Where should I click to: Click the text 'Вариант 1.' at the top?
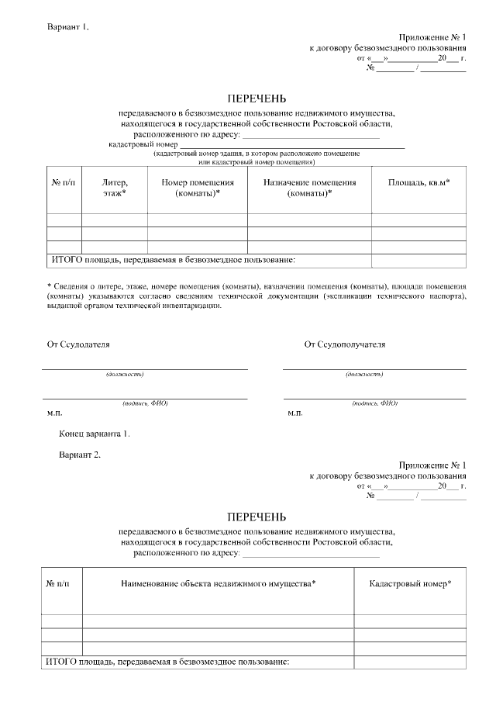pos(68,27)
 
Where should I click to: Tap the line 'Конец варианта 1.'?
pos(95,434)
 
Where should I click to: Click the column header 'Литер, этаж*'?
pos(114,187)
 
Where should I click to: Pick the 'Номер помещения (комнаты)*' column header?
pos(197,187)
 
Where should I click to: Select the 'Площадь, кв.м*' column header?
pos(418,182)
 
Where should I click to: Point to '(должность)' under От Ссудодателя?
pos(125,375)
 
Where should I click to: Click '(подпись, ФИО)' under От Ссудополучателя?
pos(374,403)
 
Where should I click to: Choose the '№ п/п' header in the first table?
pos(64,182)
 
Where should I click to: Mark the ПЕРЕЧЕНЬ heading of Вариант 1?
pos(256,99)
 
